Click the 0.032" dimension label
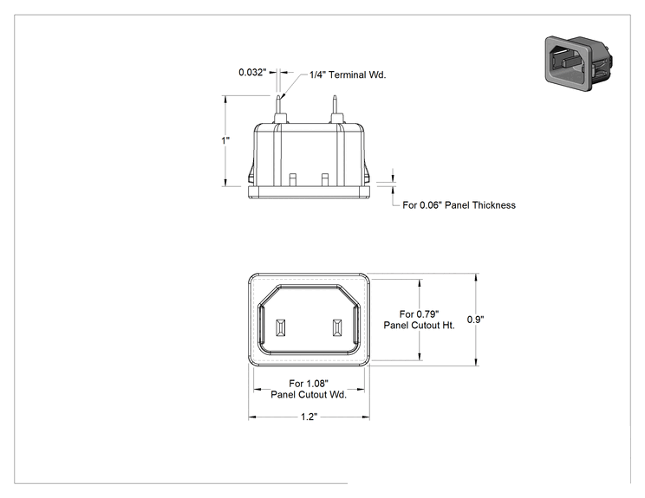[252, 72]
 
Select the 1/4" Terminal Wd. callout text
[348, 74]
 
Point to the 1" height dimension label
[225, 140]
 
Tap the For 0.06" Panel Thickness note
[459, 205]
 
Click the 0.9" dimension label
[476, 320]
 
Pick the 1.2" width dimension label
[309, 417]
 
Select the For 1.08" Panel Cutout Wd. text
[309, 389]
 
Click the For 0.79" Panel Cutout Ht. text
[420, 320]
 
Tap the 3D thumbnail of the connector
[579, 63]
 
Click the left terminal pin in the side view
[279, 109]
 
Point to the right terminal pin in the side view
[336, 109]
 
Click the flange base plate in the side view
[309, 192]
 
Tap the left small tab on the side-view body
[293, 179]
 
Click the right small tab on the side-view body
[325, 179]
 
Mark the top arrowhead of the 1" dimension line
[225, 99]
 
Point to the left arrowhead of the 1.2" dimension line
[251, 417]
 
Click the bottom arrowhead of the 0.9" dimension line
[476, 361]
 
